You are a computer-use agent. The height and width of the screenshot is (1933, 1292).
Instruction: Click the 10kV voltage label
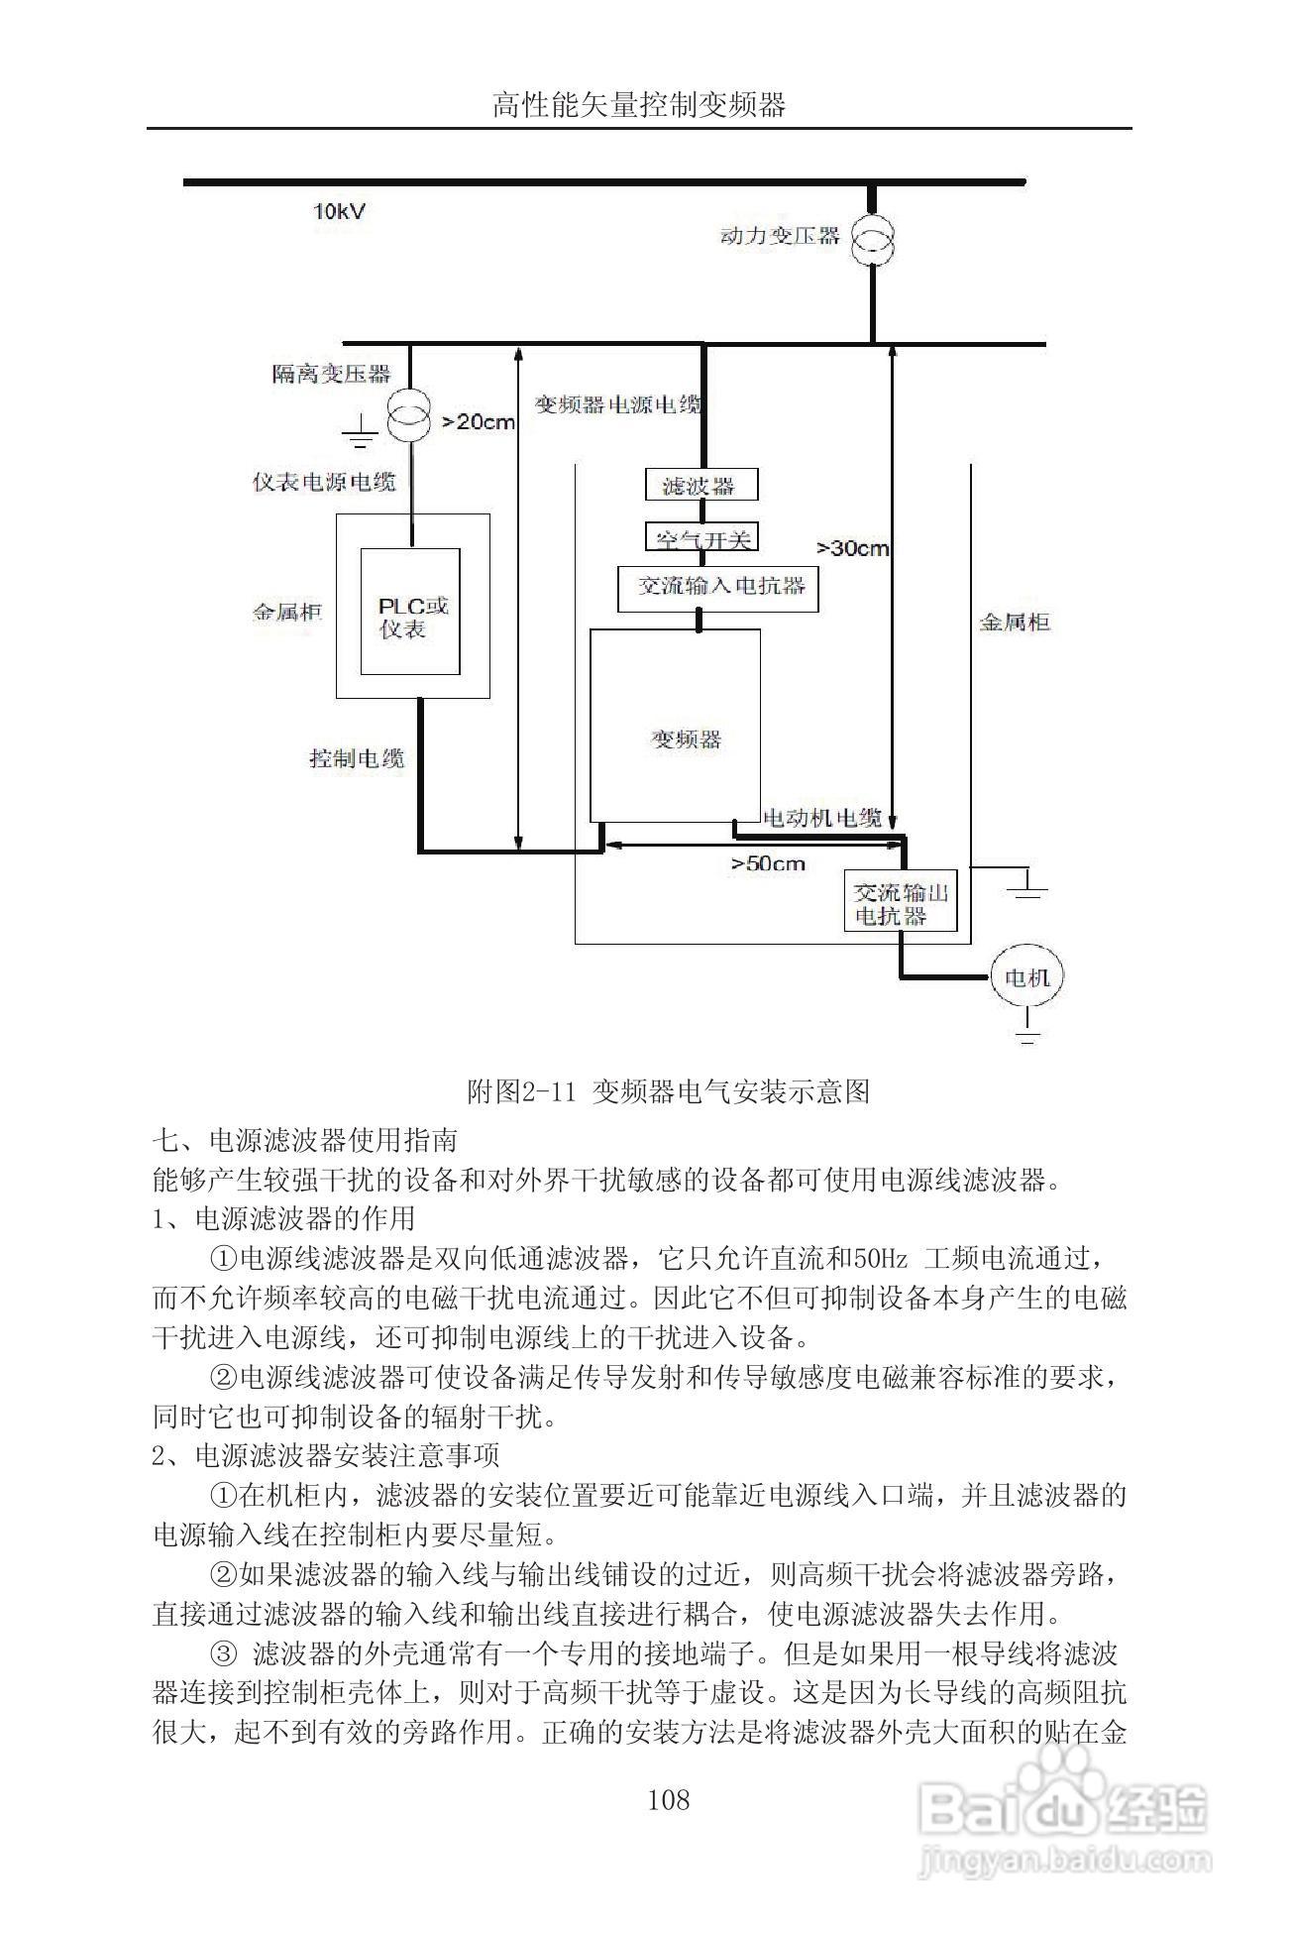click(x=339, y=212)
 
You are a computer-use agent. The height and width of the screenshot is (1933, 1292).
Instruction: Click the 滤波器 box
click(x=702, y=485)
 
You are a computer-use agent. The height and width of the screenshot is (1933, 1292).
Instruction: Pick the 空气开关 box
click(x=702, y=537)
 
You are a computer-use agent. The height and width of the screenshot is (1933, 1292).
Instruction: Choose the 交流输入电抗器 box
click(x=718, y=587)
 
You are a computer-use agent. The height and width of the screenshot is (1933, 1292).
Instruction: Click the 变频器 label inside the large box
click(x=686, y=739)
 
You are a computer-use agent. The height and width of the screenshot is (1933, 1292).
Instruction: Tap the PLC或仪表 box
click(x=410, y=612)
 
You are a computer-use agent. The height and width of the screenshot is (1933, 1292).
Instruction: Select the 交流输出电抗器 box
click(x=902, y=903)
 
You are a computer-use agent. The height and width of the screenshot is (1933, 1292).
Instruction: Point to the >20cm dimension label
click(x=479, y=422)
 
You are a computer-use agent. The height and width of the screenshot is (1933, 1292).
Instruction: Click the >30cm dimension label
click(x=852, y=548)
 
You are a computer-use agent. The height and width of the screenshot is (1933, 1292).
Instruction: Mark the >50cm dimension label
click(x=769, y=862)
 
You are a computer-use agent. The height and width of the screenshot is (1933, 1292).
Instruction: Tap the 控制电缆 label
click(x=357, y=758)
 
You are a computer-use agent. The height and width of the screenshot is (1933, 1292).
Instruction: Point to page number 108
click(x=668, y=1799)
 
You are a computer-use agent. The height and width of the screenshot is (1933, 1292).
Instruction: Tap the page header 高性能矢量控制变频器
click(x=639, y=105)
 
